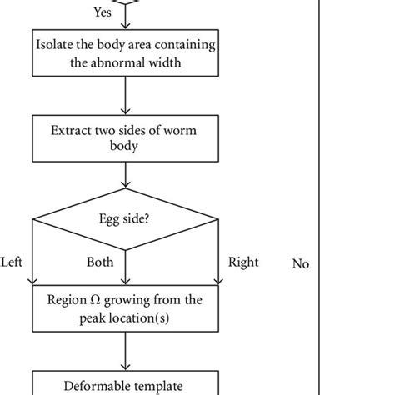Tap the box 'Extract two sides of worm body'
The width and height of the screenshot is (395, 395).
click(124, 138)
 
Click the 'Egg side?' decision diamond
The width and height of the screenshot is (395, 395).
click(124, 222)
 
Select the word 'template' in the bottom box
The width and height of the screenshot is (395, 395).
click(160, 385)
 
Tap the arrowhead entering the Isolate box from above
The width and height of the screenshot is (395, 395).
click(124, 25)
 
